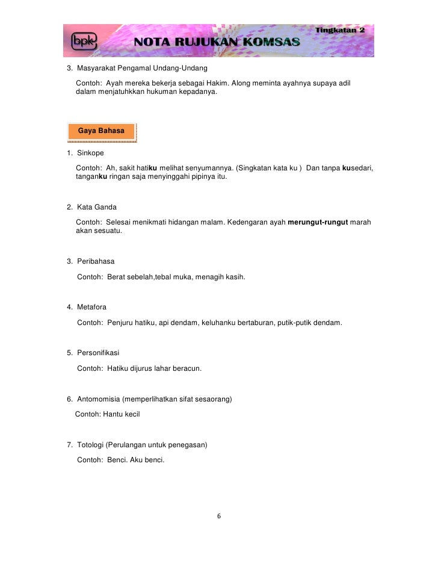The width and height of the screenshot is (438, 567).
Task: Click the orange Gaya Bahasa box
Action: pyautogui.click(x=101, y=131)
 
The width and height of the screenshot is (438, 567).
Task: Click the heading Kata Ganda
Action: pyautogui.click(x=97, y=207)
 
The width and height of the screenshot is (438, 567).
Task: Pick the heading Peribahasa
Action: pyautogui.click(x=96, y=261)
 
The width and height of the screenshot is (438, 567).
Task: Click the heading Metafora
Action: pyautogui.click(x=92, y=307)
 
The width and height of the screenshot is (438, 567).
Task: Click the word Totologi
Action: pyautogui.click(x=91, y=445)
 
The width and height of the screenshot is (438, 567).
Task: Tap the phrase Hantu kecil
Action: pyautogui.click(x=122, y=414)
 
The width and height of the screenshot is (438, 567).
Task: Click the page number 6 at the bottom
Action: pyautogui.click(x=219, y=516)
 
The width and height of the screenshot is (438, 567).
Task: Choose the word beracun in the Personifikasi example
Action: pyautogui.click(x=186, y=368)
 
